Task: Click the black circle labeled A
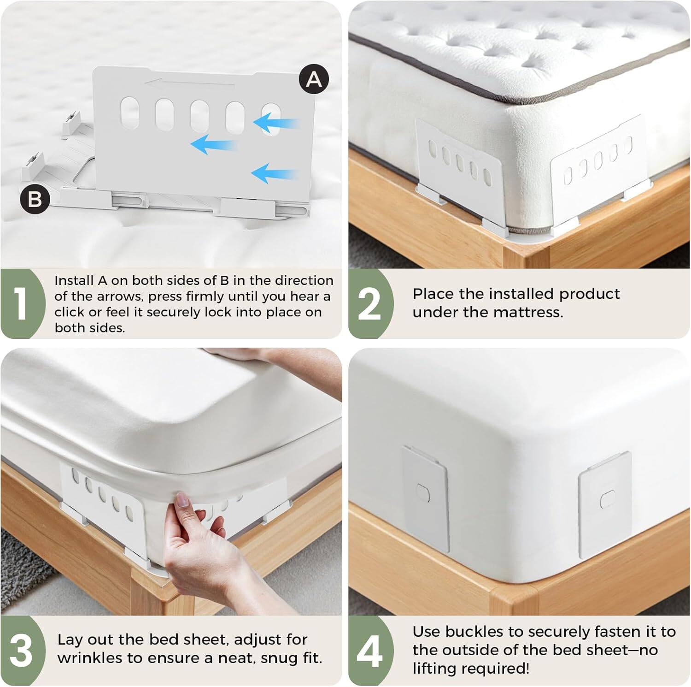pos(314,79)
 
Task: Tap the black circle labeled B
pos(35,200)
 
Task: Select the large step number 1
pos(20,304)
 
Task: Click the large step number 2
pos(369,304)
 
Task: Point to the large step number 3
pos(21,651)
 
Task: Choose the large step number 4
pos(369,651)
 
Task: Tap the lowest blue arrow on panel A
pos(274,174)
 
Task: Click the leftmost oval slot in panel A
pos(129,113)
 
